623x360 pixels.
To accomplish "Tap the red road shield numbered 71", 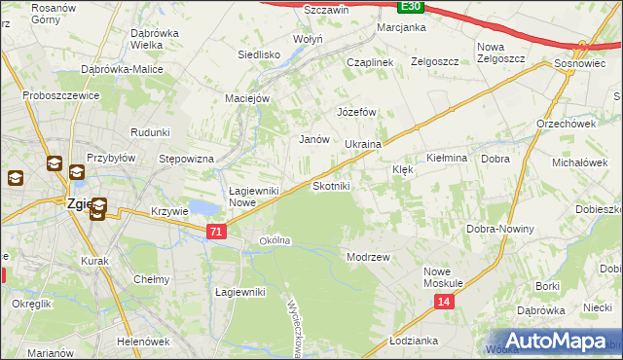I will point(217,232).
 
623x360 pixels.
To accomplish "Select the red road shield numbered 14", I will point(444,303).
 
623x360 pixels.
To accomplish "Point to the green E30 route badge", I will point(412,6).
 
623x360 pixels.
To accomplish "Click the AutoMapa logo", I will point(555,342).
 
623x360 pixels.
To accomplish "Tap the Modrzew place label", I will point(368,257).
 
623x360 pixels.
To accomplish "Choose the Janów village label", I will point(312,139).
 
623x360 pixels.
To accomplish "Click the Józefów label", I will point(356,112).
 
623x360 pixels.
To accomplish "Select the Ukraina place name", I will point(362,144).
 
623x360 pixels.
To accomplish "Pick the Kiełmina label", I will point(448,157).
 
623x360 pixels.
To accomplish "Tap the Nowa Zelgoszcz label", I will point(500,53).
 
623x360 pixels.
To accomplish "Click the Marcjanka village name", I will point(401,27).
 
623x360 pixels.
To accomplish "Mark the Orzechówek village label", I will point(566,124).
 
